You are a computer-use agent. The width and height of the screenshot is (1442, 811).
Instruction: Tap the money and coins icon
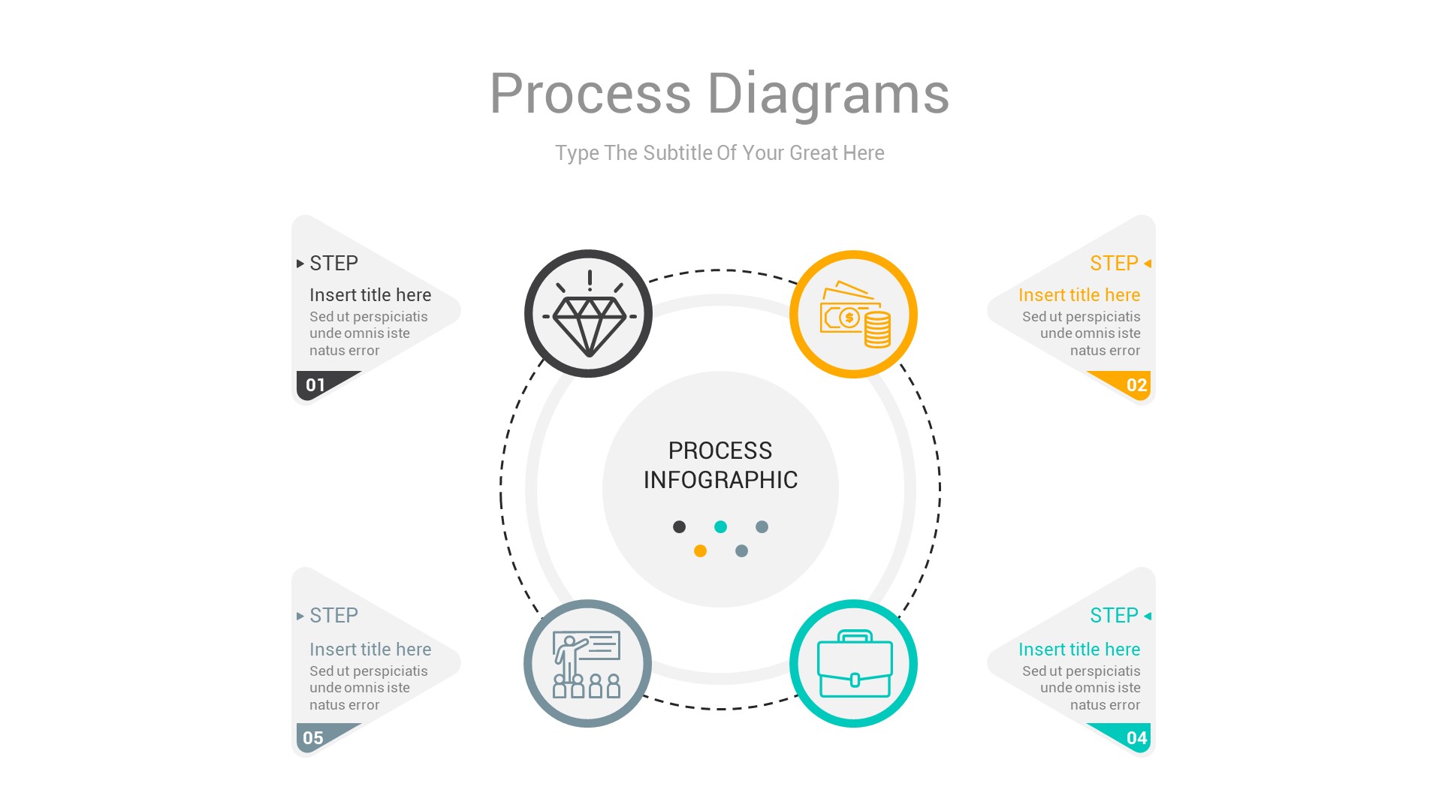854,315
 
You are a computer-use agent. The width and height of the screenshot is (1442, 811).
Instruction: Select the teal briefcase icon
854,664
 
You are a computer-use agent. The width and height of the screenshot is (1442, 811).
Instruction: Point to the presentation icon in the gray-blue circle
587,664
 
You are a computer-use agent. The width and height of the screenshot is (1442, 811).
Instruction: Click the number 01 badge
316,385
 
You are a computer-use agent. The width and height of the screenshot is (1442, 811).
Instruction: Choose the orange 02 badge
1136,385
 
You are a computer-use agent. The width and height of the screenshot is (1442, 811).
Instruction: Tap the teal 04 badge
1136,738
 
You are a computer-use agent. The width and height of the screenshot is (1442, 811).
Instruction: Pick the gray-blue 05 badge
314,738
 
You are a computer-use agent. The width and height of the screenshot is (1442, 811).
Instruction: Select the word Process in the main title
590,94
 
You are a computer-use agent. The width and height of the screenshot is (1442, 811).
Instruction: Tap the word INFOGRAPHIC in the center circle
720,480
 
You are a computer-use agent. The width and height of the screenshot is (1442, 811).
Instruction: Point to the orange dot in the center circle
700,551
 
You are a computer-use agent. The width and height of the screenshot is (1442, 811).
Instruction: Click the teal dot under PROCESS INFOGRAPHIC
720,527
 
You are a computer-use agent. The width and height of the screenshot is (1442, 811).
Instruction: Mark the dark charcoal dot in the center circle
679,527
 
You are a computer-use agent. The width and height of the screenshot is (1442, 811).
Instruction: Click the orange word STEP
1114,264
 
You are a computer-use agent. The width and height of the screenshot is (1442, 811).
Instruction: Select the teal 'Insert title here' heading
1078,650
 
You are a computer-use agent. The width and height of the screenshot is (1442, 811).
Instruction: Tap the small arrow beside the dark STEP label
300,264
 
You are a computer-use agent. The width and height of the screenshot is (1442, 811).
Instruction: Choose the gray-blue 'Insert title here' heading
370,650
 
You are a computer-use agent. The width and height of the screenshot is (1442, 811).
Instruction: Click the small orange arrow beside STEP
1148,264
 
